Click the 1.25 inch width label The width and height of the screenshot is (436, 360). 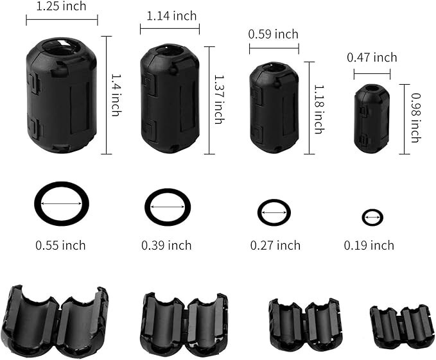point(62,6)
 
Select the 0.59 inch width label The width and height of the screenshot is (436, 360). point(274,35)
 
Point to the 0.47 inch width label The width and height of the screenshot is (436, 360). point(372,58)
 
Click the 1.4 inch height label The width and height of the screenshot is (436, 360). point(116,94)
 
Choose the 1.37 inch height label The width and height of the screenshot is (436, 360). point(218,99)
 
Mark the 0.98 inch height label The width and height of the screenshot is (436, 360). point(415,118)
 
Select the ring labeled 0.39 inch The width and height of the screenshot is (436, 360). point(168,207)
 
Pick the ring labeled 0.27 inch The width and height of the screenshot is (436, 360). point(274,212)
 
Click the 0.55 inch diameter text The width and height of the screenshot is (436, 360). point(60,245)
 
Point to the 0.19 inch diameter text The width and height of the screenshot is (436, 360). point(369,245)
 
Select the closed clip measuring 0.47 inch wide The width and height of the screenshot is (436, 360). point(372,119)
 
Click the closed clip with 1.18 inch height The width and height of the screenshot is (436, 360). point(274,107)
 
